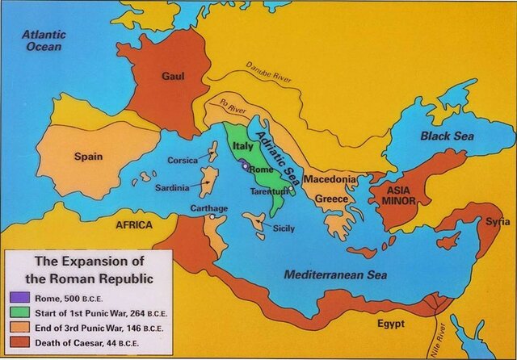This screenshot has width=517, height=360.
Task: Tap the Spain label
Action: pyautogui.click(x=87, y=156)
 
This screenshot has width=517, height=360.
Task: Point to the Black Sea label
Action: pyautogui.click(x=443, y=136)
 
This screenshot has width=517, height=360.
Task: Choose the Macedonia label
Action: pyautogui.click(x=330, y=179)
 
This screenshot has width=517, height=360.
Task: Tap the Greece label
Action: pyautogui.click(x=331, y=198)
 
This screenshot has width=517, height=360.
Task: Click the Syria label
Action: pyautogui.click(x=498, y=221)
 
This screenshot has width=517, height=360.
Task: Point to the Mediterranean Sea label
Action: pyautogui.click(x=335, y=274)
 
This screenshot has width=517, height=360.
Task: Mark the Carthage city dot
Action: pyautogui.click(x=211, y=216)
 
